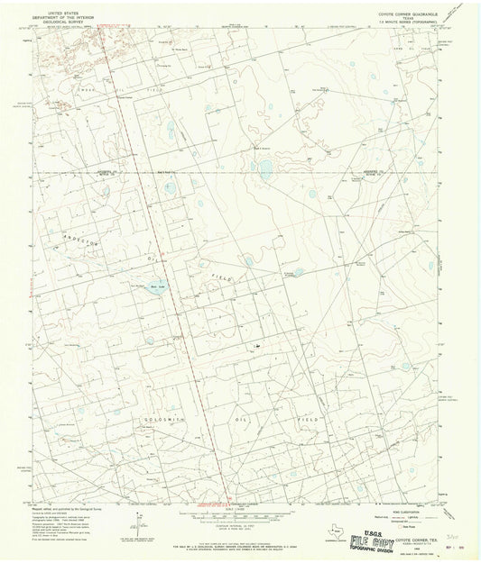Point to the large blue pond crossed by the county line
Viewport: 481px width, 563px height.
[x=265, y=168]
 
